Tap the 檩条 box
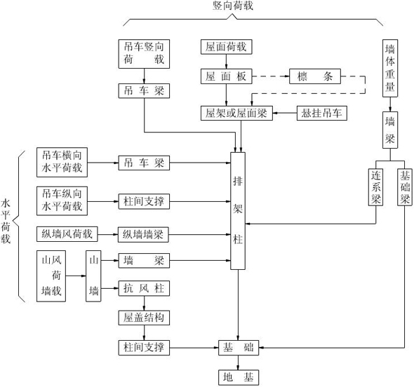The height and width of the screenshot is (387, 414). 315,76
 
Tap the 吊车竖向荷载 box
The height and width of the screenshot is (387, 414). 144,53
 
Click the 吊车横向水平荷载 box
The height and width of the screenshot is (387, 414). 62,162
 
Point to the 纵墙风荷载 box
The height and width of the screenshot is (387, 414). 67,233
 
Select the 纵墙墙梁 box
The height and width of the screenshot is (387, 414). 144,233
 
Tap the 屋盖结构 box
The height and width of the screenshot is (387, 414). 144,318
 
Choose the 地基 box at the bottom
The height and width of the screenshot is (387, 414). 238,377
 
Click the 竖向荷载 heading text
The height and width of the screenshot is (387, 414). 233,6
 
